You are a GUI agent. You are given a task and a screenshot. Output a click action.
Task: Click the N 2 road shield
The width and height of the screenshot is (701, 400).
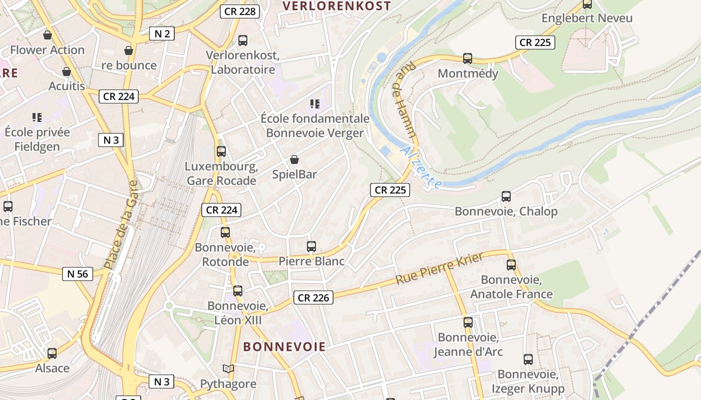click(x=162, y=33)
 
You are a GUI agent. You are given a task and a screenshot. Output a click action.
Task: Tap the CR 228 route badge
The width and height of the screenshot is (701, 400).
click(x=240, y=11)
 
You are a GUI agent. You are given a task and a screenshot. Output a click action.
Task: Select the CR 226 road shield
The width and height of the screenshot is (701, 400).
click(x=313, y=298)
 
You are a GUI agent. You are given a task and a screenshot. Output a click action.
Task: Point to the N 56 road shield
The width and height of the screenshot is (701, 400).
click(x=77, y=273)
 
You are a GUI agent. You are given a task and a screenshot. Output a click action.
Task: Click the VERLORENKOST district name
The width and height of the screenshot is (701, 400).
click(x=336, y=6)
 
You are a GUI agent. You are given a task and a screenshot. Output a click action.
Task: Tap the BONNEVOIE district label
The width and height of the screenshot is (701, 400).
click(x=284, y=346)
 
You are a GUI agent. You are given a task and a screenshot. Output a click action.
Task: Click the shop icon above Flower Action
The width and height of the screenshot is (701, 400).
click(x=48, y=35)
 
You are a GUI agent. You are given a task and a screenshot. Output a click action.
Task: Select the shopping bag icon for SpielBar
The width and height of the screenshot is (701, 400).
click(x=294, y=159)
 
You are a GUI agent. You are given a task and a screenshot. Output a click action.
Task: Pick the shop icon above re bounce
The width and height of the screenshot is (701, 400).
click(x=129, y=50)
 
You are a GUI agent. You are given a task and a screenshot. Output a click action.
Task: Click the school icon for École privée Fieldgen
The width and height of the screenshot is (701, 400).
click(x=37, y=117)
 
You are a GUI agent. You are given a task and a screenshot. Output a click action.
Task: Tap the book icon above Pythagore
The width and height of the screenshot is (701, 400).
click(x=228, y=369)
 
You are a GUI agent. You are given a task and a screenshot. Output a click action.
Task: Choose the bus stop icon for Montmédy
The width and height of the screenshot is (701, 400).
click(x=468, y=58)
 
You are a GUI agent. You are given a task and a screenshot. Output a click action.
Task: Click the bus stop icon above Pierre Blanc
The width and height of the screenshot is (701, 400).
click(x=311, y=246)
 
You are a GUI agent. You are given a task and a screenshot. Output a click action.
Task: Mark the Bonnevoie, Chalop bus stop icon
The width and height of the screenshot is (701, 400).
click(x=506, y=196)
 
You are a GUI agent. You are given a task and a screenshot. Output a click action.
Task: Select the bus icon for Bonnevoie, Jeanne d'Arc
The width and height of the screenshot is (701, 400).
click(x=468, y=322)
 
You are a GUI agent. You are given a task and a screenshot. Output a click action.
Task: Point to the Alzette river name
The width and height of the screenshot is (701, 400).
click(x=422, y=167)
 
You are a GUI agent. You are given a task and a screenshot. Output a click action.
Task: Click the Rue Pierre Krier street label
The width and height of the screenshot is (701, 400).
click(x=440, y=268)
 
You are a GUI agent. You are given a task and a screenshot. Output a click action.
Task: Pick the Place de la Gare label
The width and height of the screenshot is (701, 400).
click(x=120, y=224)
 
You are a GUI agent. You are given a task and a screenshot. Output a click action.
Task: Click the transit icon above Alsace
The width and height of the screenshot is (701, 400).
click(x=52, y=353)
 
